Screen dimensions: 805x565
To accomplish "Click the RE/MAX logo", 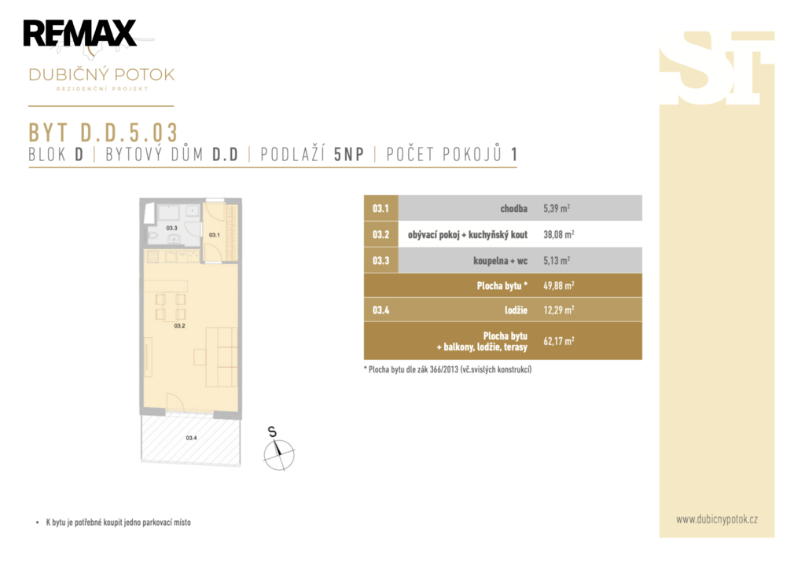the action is pyautogui.click(x=79, y=34).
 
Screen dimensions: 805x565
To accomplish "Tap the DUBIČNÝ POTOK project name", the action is pyautogui.click(x=101, y=75).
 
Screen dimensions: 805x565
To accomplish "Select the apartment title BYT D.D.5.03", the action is pyautogui.click(x=103, y=132).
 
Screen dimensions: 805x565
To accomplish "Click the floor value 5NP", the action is pyautogui.click(x=348, y=155).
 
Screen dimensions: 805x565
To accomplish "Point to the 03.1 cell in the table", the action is pyautogui.click(x=381, y=208).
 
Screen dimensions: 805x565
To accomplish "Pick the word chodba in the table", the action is pyautogui.click(x=514, y=208).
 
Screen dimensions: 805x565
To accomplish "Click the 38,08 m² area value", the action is pyautogui.click(x=559, y=234).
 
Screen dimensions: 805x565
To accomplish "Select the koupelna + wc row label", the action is pyautogui.click(x=501, y=261).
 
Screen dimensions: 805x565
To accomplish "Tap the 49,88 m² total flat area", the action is pyautogui.click(x=559, y=285).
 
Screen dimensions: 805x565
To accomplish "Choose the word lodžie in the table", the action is pyautogui.click(x=516, y=310).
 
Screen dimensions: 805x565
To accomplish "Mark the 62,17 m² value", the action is pyautogui.click(x=559, y=341).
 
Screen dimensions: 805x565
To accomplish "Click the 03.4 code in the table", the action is pyautogui.click(x=381, y=310).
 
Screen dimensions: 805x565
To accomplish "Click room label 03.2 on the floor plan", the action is pyautogui.click(x=180, y=326).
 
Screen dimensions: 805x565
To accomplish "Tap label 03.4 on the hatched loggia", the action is pyautogui.click(x=191, y=438).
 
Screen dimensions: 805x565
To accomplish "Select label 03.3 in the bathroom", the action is pyautogui.click(x=171, y=228).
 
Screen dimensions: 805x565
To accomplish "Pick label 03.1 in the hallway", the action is pyautogui.click(x=214, y=235).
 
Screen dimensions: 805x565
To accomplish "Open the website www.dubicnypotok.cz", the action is pyautogui.click(x=717, y=519).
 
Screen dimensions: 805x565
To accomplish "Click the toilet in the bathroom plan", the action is pyautogui.click(x=154, y=236).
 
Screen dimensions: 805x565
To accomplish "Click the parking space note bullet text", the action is pyautogui.click(x=119, y=523).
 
